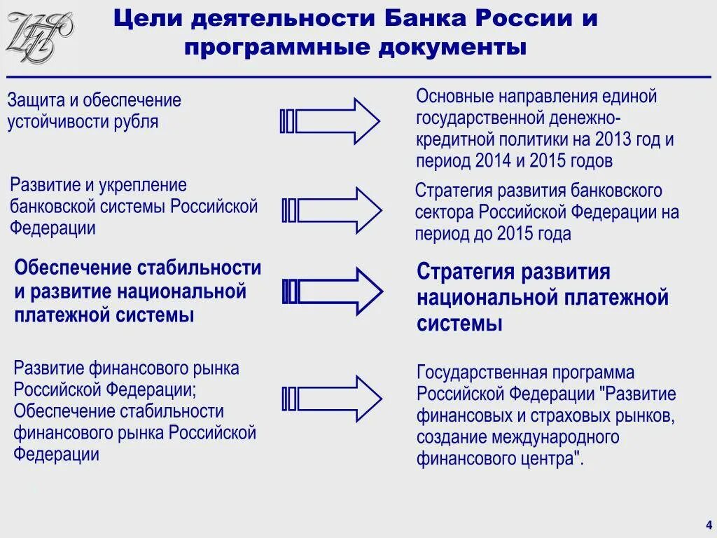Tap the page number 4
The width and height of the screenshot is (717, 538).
709,525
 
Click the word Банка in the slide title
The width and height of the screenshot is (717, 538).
426,19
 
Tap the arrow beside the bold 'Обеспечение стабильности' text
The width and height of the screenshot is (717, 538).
332,291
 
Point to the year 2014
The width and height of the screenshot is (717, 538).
494,160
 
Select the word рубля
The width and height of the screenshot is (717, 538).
135,121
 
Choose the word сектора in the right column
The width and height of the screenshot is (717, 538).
442,212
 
